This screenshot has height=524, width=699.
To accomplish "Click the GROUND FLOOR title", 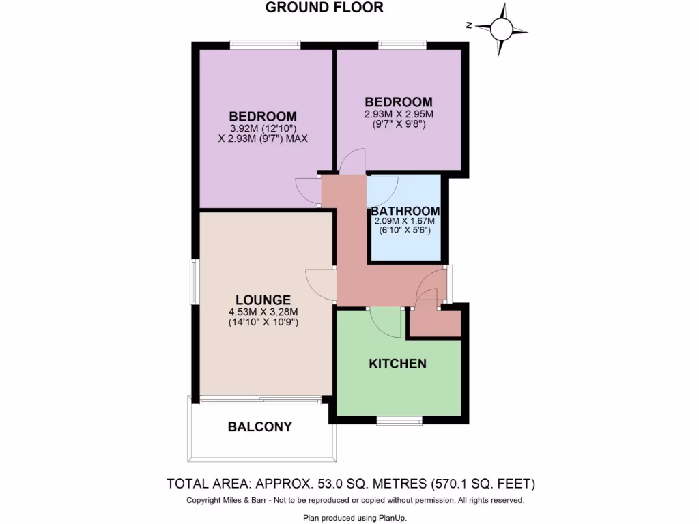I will [324, 8].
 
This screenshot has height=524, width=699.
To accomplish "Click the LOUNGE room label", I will [263, 300].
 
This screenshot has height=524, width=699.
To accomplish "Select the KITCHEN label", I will [397, 364].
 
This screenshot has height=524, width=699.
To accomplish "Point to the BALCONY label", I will [259, 427].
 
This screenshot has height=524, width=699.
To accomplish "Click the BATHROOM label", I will [405, 212].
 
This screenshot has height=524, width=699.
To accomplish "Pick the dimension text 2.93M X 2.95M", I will [399, 115].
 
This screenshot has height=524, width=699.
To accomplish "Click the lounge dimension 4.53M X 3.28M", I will [263, 312].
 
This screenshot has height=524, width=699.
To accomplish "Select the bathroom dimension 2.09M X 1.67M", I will [404, 222].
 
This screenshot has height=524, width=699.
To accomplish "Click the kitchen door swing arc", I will [387, 322].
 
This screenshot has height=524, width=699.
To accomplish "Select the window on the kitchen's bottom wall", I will [399, 420].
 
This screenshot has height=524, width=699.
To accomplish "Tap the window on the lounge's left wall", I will [194, 282].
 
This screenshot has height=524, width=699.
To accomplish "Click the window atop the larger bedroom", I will [265, 45].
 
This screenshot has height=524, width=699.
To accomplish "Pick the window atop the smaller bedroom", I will [403, 45].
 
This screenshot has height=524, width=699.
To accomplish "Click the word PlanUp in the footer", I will [390, 519].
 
